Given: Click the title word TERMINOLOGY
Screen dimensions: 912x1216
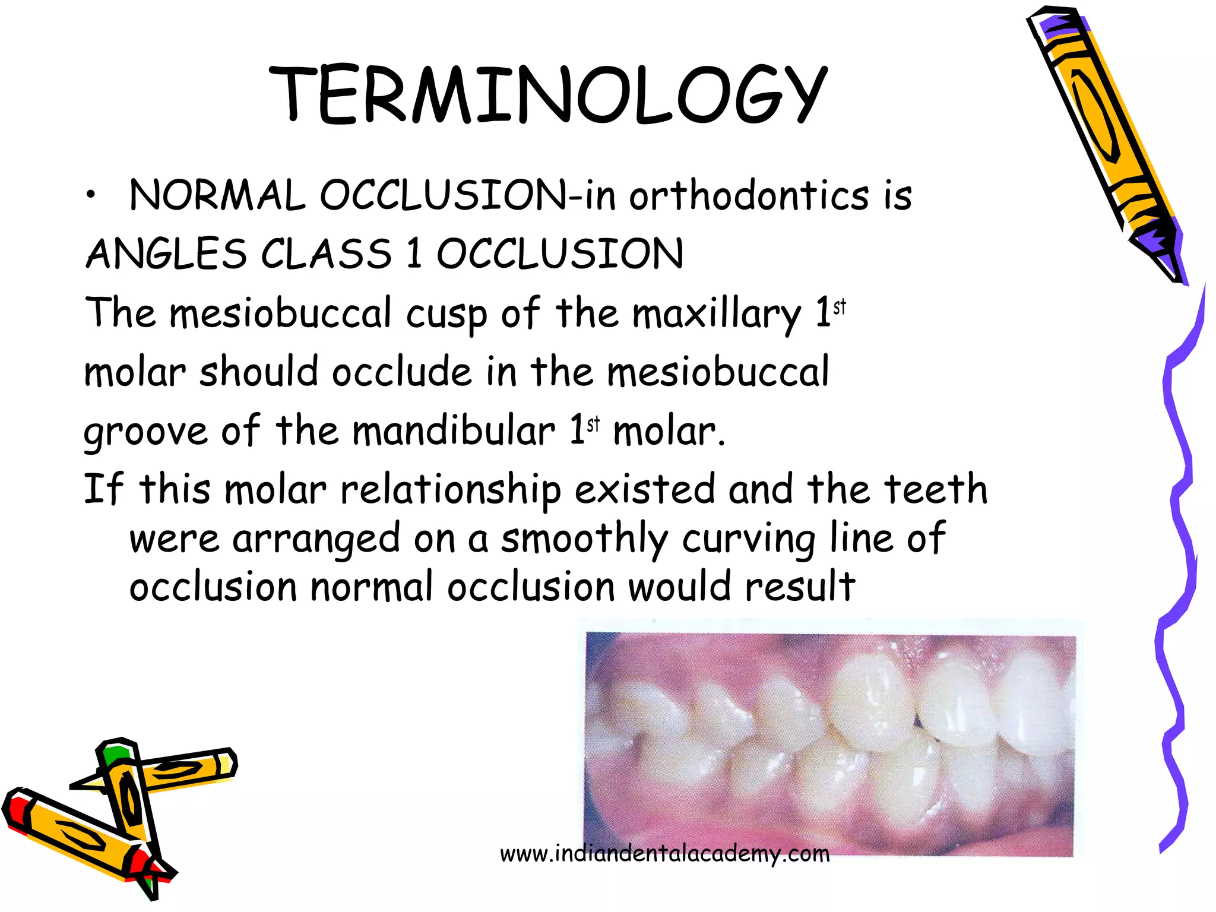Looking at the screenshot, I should [x=547, y=95].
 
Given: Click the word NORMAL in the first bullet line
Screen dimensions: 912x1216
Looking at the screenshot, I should [x=217, y=196].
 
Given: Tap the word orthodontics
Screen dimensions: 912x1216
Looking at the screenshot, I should [x=749, y=196].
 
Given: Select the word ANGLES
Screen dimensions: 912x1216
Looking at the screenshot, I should [x=166, y=254].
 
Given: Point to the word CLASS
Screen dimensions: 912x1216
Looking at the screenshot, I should [x=327, y=254].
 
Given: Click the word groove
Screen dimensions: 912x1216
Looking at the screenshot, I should [x=146, y=432].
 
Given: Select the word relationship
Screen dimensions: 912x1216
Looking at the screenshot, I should [x=450, y=490].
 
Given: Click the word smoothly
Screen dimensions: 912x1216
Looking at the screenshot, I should [x=584, y=539].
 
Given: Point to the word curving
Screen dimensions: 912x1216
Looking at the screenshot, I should [x=748, y=539].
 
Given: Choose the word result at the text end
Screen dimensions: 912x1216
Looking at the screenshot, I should [x=800, y=587].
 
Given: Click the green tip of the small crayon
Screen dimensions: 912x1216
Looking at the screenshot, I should [x=114, y=754].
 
